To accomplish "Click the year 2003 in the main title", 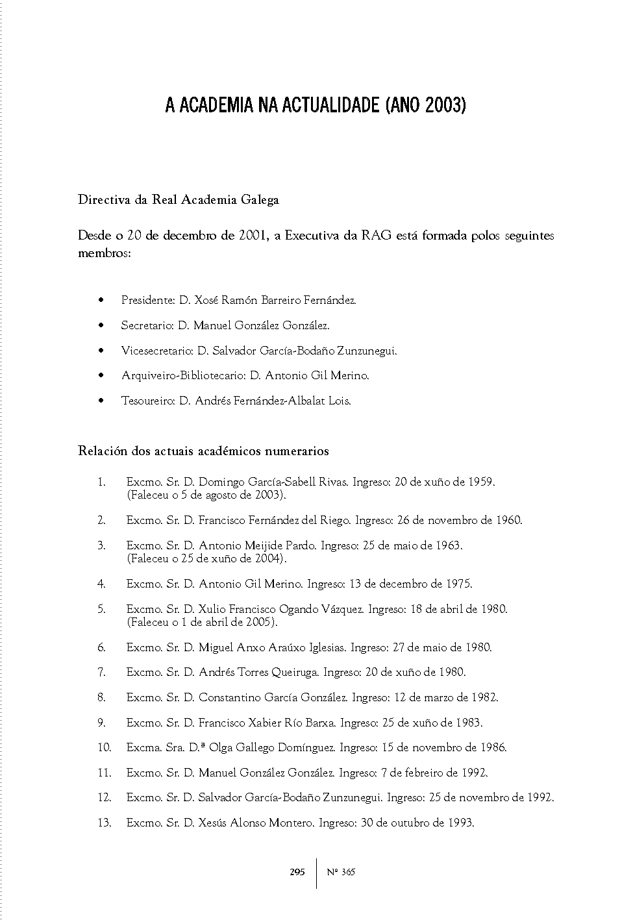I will (443, 106).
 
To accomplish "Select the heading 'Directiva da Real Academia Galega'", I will (179, 200).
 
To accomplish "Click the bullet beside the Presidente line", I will (101, 301).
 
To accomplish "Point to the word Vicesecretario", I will (156, 351).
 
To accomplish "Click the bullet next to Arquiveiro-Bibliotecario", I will (101, 376).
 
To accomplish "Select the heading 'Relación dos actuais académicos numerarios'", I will (203, 451).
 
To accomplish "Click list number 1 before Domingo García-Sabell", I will (101, 482).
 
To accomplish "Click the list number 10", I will (105, 748).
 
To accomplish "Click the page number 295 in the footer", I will (297, 873).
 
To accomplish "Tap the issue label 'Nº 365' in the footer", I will (341, 873).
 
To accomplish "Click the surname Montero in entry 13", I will (292, 823).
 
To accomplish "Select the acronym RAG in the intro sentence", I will (377, 236).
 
